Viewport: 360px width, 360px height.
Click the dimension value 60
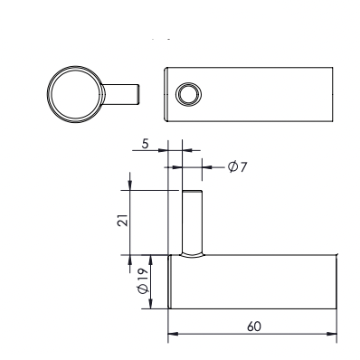tap(254, 327)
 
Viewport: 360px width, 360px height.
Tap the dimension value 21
tap(123, 221)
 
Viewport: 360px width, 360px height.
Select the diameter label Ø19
tap(143, 280)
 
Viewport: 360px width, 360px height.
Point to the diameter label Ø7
tap(237, 166)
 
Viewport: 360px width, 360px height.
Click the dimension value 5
tap(146, 144)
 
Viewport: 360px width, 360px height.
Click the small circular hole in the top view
tap(188, 94)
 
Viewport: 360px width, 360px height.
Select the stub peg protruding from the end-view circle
tap(120, 94)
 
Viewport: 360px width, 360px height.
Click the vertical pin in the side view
tap(193, 223)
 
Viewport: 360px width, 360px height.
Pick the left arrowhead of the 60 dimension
tap(172, 334)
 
